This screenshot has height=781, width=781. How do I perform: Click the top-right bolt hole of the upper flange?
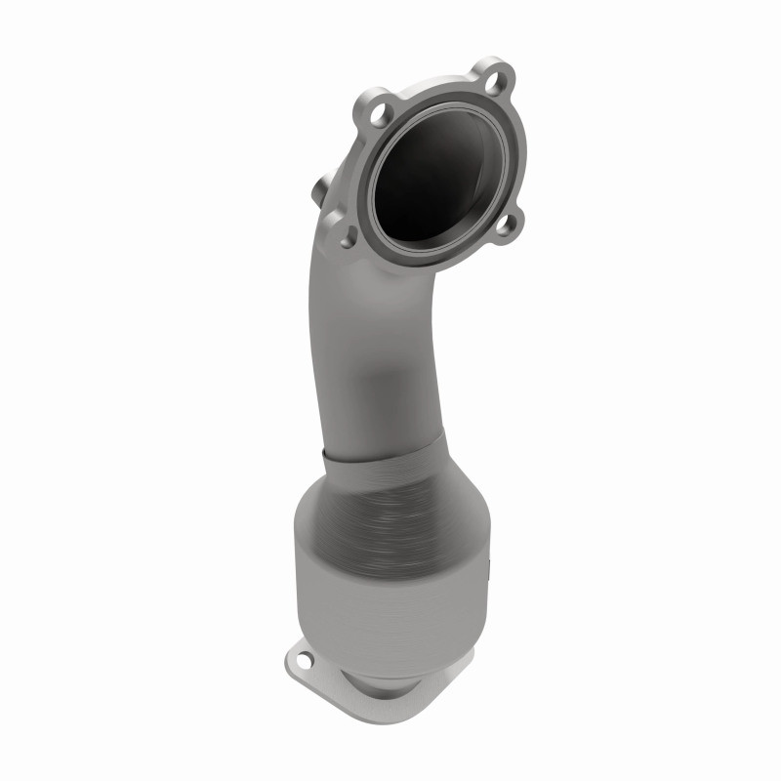click(497, 74)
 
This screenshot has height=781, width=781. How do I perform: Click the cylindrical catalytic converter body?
click(390, 576)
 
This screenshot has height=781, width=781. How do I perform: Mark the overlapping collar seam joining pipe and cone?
click(381, 451)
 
